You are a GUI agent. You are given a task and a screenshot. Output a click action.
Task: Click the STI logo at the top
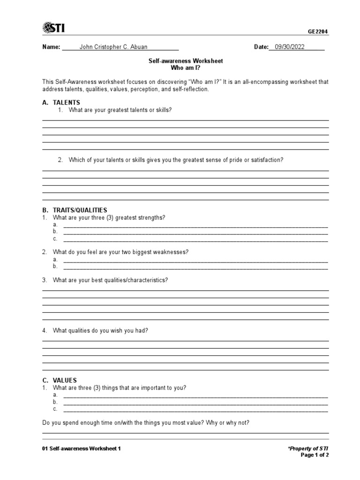[x=53, y=28]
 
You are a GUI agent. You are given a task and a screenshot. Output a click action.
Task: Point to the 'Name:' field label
[x=51, y=47]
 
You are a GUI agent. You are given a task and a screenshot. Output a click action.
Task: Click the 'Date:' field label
[x=261, y=47]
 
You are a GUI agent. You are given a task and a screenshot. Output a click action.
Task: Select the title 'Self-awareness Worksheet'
[x=186, y=61]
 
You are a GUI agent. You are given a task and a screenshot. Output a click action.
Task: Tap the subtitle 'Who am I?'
[x=186, y=68]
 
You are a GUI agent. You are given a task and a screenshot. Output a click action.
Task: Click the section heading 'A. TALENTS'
[x=61, y=102]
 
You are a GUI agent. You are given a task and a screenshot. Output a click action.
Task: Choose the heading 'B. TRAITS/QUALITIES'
[x=75, y=210]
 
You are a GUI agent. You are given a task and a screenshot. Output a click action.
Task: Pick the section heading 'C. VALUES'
[x=60, y=380]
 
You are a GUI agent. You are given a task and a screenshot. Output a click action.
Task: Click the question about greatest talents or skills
[x=120, y=110]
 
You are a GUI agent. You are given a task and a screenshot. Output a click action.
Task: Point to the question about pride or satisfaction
[x=176, y=160]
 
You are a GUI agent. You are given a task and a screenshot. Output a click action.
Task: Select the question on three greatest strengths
[x=109, y=217]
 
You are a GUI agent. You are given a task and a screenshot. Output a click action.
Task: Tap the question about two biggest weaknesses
[x=120, y=252]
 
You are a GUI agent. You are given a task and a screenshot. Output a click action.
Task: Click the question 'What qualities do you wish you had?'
[x=100, y=330]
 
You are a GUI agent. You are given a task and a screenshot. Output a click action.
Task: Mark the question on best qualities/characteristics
[x=110, y=280]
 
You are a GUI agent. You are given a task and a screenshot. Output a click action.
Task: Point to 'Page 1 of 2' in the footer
[x=315, y=455]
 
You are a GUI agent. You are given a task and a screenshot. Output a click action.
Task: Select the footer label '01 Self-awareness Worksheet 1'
[x=82, y=449]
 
